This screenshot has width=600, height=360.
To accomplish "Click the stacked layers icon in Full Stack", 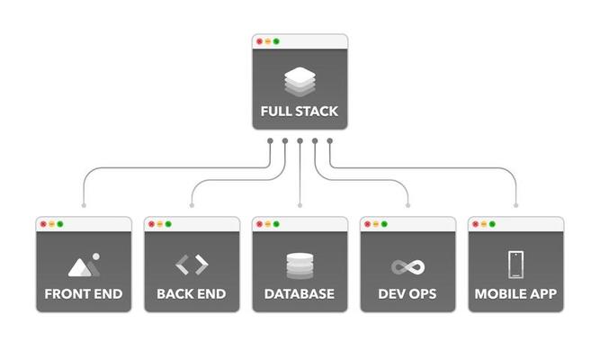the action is coord(300,82).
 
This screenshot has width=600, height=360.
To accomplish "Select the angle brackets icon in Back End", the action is coord(192,265).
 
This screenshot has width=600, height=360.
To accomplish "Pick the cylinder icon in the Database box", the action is coord(300,265).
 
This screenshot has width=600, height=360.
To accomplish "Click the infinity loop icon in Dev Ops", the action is coord(407,267).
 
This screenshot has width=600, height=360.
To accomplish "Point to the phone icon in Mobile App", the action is coord(515,265).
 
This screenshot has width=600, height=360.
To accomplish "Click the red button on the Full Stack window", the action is coord(259,41).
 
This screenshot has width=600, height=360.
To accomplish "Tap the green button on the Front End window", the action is coord(60,224).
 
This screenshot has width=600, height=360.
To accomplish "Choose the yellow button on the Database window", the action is coord(268,224).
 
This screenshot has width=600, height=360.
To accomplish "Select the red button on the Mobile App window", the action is coord(475,224).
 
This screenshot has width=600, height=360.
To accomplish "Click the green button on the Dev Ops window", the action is coord(384,224).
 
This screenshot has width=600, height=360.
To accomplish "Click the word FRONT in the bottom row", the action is coord(65,294).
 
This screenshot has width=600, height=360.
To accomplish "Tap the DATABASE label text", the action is coord(300,294).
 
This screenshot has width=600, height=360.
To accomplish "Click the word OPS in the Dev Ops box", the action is coord(424,294).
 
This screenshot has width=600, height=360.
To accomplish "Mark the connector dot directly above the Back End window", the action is coord(192,206).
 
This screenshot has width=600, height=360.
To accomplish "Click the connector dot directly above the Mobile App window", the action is coord(515,206).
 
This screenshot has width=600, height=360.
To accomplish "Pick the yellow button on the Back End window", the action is coord(160,224).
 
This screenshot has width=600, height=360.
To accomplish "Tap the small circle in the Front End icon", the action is coord(96,256).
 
